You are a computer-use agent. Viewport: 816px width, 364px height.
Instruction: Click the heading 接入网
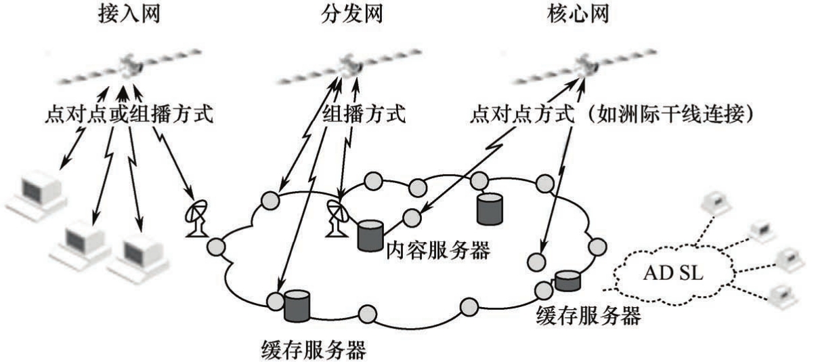[x=129, y=14]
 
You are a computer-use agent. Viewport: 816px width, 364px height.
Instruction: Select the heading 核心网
[x=576, y=14]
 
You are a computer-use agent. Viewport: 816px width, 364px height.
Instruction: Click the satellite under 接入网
[x=128, y=66]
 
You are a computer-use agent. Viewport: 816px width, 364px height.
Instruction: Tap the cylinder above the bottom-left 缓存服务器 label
[x=297, y=305]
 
